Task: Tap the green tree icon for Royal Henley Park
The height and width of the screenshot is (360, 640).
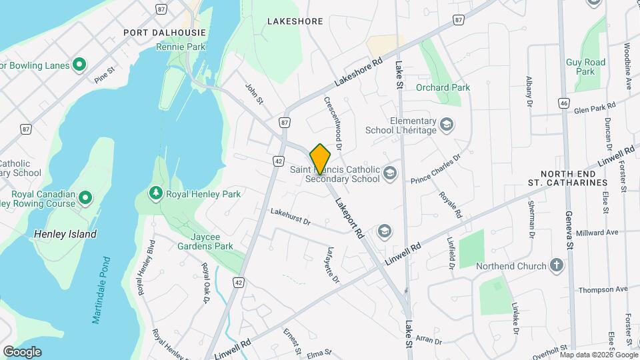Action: (x=156, y=193)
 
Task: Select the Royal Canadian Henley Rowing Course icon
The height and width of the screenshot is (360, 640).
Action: (x=85, y=197)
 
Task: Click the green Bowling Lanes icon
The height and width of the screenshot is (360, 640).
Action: (x=79, y=65)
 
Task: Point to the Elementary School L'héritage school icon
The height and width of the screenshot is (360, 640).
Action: (x=446, y=125)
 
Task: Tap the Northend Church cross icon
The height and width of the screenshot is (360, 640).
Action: (x=557, y=266)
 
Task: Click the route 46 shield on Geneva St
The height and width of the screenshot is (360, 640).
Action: (x=564, y=103)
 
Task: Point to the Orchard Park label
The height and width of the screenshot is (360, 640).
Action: (x=443, y=87)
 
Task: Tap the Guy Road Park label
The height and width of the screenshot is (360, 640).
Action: (x=585, y=67)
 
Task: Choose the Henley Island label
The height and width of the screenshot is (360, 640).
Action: (x=65, y=234)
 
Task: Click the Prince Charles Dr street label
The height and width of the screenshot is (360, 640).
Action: (x=435, y=169)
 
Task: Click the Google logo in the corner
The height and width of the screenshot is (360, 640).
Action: (x=22, y=351)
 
